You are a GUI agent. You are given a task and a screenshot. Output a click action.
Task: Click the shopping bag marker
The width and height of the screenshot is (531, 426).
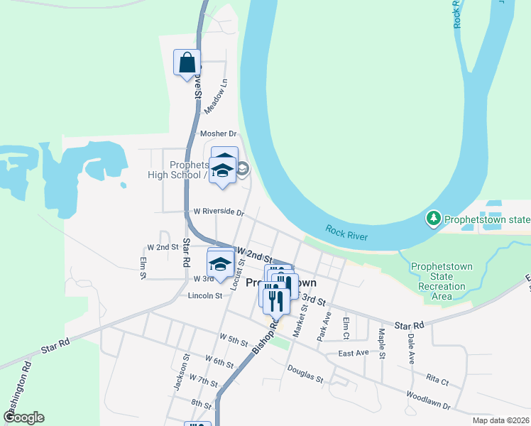pyautogui.click(x=187, y=62)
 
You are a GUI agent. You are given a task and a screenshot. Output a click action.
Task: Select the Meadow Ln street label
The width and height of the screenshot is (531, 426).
pyautogui.click(x=217, y=97)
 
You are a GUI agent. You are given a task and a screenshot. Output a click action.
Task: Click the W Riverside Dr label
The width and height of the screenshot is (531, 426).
pyautogui.click(x=219, y=212)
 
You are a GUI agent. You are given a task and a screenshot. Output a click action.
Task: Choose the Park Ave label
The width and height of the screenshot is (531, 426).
pyautogui.click(x=323, y=326)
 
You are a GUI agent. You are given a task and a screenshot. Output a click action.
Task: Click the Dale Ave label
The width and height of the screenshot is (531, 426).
pyautogui.click(x=411, y=349)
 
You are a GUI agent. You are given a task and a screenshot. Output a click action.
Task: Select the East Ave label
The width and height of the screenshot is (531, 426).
pyautogui.click(x=354, y=353)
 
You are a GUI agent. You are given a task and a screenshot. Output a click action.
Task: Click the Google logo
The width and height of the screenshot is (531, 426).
pyautogui.click(x=23, y=417)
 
